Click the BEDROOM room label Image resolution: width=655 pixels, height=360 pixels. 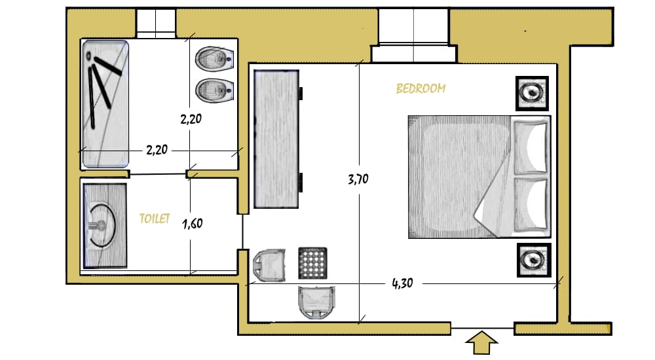point(421,88)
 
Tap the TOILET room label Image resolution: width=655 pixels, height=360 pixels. point(155,219)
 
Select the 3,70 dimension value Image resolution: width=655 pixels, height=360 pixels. point(358,179)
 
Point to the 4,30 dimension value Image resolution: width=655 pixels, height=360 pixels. point(402,283)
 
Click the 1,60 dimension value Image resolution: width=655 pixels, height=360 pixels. point(192,223)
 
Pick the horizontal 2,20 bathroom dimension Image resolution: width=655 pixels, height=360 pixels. point(157,149)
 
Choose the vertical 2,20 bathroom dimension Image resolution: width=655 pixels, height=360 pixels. point(191,119)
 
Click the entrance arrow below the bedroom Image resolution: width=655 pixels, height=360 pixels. point(481,343)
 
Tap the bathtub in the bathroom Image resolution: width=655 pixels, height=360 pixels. point(105,104)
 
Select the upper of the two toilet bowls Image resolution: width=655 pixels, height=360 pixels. point(214,59)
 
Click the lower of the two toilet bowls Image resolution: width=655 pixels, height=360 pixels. point(214,90)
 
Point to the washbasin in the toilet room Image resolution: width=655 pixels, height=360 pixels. point(105,226)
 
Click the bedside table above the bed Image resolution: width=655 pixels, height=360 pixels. point(532,93)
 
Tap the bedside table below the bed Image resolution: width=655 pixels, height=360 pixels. point(534,260)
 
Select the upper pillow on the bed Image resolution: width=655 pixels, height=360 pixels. point(531,147)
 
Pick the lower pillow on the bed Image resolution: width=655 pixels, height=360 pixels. point(531,205)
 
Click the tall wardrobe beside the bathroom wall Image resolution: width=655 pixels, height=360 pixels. point(276,139)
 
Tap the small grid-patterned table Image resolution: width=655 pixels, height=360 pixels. point(313,263)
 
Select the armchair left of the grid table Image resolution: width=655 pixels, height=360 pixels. point(269,265)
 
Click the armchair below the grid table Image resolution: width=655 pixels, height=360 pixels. point(316,302)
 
